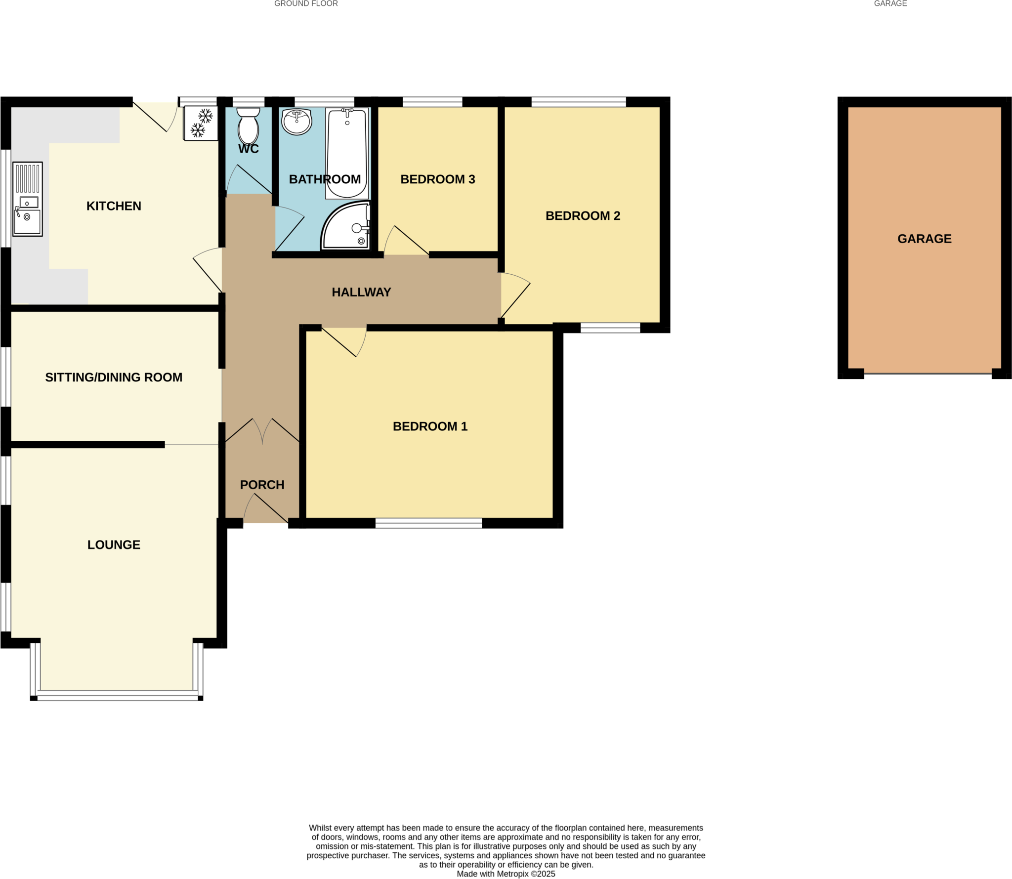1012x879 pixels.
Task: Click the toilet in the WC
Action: [x=248, y=126]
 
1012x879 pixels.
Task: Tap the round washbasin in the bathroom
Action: [x=296, y=121]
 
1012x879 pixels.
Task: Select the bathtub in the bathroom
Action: [x=347, y=153]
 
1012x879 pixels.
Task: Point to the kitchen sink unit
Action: [x=28, y=199]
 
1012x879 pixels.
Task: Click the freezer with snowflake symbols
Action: [x=201, y=123]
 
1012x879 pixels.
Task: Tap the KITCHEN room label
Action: [x=114, y=206]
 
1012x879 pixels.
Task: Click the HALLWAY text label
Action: [x=361, y=292]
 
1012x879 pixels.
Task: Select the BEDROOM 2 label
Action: [x=583, y=216]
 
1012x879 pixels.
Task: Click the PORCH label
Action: [x=262, y=485]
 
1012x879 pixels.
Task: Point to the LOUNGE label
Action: [x=114, y=544]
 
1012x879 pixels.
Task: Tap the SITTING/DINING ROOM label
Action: [x=114, y=377]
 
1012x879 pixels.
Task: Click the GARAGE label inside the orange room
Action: [x=924, y=239]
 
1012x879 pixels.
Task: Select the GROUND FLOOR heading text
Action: [x=306, y=3]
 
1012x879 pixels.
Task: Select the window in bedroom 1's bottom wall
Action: [x=428, y=523]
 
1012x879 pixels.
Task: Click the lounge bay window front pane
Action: [x=117, y=697]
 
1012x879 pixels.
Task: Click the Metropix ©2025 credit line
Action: [x=506, y=874]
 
